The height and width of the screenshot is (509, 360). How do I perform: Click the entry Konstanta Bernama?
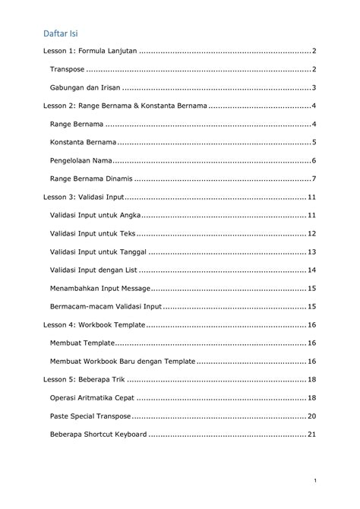point(83,142)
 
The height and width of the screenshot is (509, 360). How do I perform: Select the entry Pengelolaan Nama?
point(81,160)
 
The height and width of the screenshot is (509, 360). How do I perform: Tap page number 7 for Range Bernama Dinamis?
point(314,179)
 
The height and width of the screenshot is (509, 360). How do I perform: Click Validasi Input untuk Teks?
point(92,233)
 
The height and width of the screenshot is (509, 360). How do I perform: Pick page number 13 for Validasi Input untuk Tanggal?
point(311,251)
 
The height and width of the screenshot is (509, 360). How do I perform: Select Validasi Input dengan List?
point(93,270)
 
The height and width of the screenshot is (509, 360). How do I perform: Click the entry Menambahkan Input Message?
point(99,288)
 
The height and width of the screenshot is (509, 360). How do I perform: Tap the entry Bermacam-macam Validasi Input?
point(106,306)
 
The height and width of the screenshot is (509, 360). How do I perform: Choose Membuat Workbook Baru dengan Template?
point(122,361)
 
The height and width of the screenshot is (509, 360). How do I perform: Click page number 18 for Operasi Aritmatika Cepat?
point(311,397)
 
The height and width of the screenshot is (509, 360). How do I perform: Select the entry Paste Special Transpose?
point(90,416)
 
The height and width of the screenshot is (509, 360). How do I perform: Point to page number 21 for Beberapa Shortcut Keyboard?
point(311,434)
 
